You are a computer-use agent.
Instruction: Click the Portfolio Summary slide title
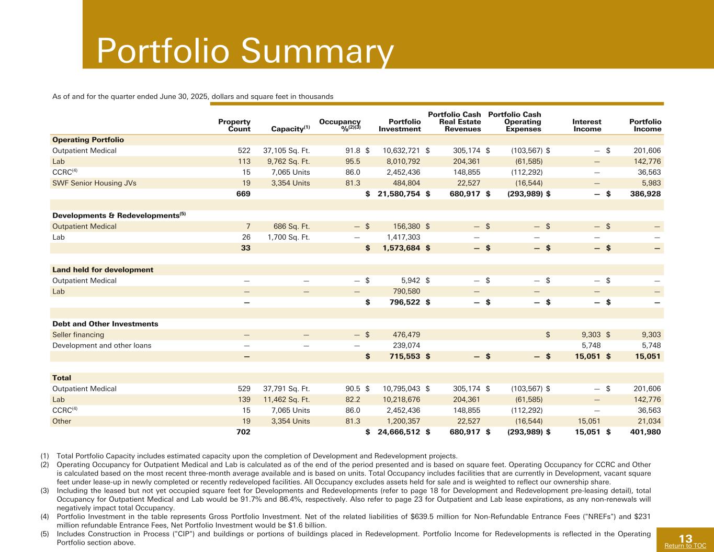pos(245,51)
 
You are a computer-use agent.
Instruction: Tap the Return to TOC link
pos(685,546)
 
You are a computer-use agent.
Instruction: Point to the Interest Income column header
pos(587,125)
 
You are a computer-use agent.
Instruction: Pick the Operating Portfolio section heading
pos(88,140)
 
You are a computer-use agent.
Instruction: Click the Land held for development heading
pos(103,270)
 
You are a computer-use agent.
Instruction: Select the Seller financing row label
pos(78,335)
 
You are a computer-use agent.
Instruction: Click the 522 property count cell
pos(243,151)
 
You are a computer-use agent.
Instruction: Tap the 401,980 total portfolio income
pos(646,432)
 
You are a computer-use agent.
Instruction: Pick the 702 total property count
pos(243,432)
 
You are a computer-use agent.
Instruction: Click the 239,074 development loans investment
pos(406,346)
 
